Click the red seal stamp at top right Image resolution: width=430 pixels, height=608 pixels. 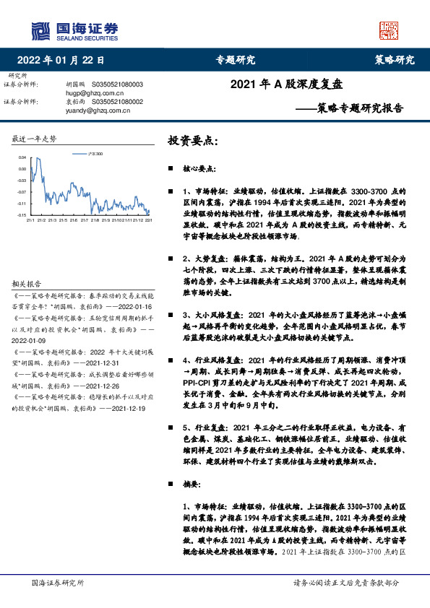pos(389,30)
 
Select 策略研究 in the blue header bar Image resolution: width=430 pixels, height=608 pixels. pos(395,60)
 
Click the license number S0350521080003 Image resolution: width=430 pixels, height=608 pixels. pos(118,84)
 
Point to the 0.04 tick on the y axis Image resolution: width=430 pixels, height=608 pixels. pos(22,157)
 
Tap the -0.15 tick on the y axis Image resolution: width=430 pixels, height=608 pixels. pos(22,215)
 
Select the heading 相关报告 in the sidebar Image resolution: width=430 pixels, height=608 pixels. pos(27,284)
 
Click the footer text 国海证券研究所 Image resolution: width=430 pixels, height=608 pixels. pos(59,582)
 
